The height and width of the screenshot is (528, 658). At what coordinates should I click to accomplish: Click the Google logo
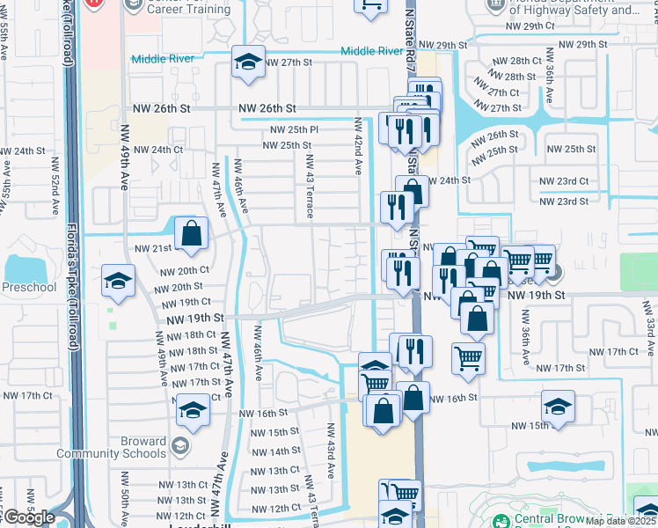point(29,517)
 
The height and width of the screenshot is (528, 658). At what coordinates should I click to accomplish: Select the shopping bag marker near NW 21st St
point(191,234)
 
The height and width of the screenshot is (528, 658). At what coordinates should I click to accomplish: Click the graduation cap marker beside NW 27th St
point(248,62)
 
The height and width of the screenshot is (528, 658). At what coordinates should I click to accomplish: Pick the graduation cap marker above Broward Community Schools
point(192,410)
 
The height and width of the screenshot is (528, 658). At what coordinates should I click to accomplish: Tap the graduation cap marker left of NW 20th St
point(118,281)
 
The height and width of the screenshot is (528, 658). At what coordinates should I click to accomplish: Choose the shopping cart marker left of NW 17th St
point(468,357)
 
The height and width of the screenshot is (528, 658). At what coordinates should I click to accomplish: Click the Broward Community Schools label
point(111,447)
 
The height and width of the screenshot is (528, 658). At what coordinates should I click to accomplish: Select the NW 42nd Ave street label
point(359,147)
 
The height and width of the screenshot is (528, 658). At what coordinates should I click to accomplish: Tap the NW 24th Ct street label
point(159,150)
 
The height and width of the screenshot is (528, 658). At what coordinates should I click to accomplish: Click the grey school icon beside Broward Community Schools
point(180,446)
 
